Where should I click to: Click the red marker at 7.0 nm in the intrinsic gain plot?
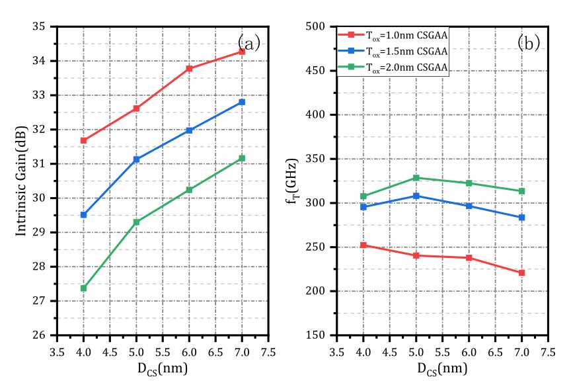click(242, 51)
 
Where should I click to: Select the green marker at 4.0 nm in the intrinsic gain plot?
click(83, 288)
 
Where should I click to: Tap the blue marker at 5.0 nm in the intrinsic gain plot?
click(136, 159)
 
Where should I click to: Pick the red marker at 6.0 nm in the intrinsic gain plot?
click(189, 68)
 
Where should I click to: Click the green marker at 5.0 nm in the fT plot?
click(416, 178)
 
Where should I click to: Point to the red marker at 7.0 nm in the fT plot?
click(522, 273)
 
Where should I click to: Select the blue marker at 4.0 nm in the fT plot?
click(363, 207)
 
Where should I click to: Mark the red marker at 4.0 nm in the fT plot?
click(363, 245)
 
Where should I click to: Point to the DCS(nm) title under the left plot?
click(162, 368)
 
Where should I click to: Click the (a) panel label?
click(249, 43)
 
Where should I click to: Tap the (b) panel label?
click(529, 43)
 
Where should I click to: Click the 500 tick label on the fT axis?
click(321, 26)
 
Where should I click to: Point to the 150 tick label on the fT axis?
click(321, 335)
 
